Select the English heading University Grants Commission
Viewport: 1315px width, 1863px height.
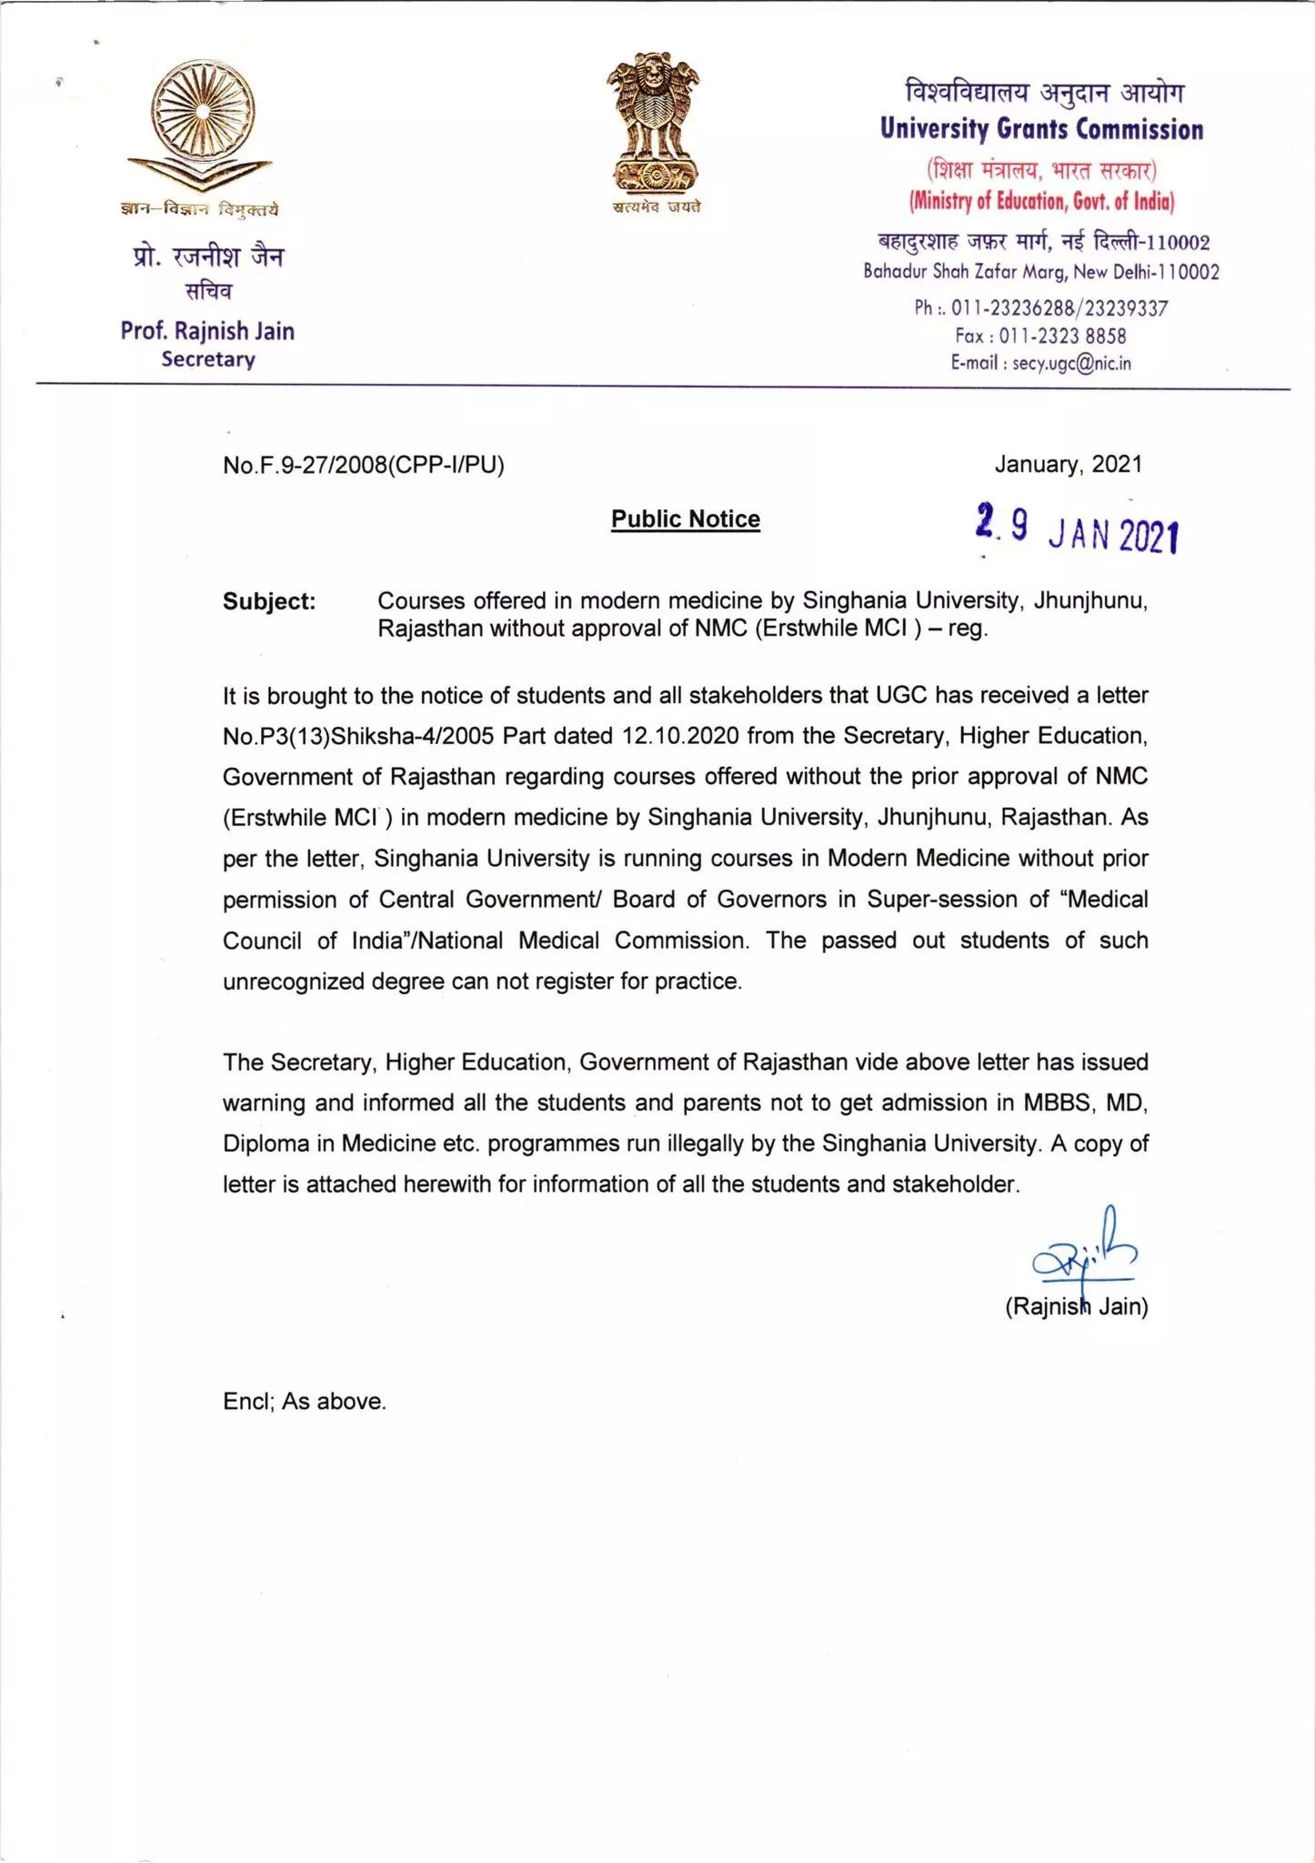point(1041,129)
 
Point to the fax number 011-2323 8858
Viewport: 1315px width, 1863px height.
point(1062,337)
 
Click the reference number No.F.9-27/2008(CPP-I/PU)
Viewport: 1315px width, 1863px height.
point(363,466)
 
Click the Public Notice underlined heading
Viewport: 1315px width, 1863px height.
point(686,519)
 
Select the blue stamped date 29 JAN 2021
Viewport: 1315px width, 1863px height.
point(1077,530)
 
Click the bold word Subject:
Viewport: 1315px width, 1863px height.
point(269,602)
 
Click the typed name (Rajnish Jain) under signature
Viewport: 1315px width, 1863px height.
point(1076,1307)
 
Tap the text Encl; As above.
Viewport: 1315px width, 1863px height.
point(305,1402)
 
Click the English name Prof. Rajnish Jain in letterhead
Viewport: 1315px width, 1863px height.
point(207,331)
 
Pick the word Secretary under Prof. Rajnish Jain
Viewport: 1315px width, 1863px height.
point(208,359)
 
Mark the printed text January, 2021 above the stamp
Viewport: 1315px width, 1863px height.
point(1068,465)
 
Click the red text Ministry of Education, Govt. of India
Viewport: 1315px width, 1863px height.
point(1041,202)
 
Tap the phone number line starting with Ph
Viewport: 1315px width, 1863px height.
point(1040,308)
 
